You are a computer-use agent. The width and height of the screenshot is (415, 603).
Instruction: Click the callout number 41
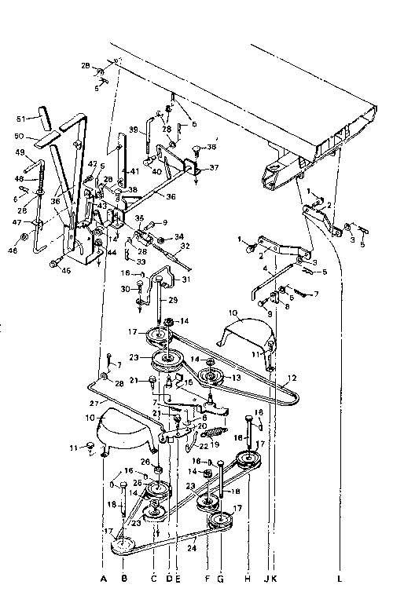tap(135, 171)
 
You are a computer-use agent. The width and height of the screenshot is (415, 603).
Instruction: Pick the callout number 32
tap(185, 246)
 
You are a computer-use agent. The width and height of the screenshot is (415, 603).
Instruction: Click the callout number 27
tap(95, 403)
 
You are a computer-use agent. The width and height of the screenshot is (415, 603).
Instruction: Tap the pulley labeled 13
tap(211, 376)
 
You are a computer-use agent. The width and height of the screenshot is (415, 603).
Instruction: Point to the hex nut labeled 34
tap(162, 238)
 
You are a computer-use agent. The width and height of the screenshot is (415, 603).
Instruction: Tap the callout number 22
tap(183, 446)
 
